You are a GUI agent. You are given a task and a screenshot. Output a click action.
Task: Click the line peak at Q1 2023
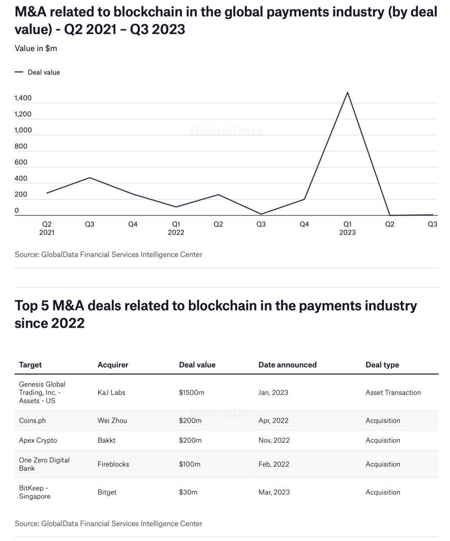pos(347,92)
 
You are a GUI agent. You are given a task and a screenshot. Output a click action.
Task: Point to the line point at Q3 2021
pos(90,178)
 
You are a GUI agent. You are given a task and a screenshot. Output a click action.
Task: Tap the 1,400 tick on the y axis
pos(23,98)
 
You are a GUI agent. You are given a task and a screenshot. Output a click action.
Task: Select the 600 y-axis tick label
pos(21,163)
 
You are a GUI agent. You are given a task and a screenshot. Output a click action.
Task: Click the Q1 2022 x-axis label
pos(176,228)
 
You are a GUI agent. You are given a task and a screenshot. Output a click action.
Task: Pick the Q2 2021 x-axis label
pos(47,228)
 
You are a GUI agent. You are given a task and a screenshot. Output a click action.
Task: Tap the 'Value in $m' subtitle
pos(36,48)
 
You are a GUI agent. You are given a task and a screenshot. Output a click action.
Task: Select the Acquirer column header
pos(113,365)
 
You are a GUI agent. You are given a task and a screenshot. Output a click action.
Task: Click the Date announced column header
pos(287,365)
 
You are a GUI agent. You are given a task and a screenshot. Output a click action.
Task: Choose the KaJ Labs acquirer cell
pos(111,393)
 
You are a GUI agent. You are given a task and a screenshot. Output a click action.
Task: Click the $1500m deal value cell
pos(192,393)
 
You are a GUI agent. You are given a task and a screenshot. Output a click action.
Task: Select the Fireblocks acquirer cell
pos(114,464)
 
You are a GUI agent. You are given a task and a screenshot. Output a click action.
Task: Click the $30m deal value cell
pos(188,492)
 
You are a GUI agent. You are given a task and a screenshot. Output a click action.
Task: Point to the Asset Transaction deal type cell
pos(393,393)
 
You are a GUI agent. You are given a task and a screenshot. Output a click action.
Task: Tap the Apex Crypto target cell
pos(38,440)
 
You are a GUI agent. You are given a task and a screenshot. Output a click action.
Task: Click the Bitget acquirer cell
pos(107,492)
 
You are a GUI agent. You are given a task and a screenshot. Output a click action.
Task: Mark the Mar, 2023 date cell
pos(274,492)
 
